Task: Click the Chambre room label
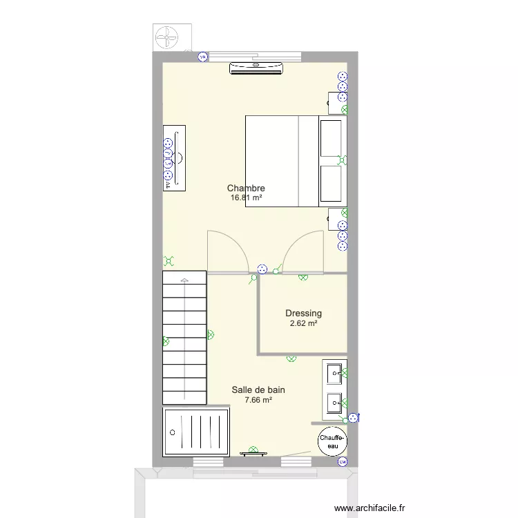coord(246,188)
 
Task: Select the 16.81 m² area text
coord(246,198)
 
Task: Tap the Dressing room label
coord(303,313)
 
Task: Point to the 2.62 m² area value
coord(303,323)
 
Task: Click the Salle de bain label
coord(258,390)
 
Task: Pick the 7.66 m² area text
coord(258,399)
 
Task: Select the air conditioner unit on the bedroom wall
coord(256,67)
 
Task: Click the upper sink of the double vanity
coord(335,374)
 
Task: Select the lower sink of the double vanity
coord(335,401)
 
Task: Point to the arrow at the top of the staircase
coord(184,280)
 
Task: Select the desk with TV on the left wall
coord(174,158)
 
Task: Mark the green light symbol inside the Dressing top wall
coord(303,278)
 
